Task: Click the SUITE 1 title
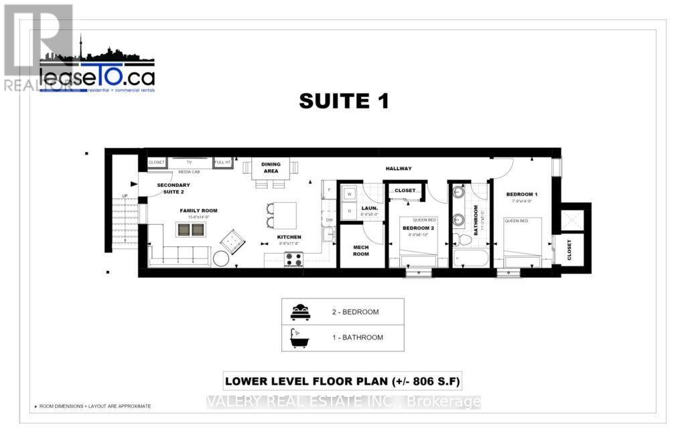[x=344, y=101]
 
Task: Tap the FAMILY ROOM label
[x=198, y=211]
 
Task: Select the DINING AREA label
[x=271, y=167]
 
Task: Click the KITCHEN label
[x=290, y=237]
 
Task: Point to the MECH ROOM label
[x=361, y=250]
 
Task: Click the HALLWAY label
[x=399, y=169]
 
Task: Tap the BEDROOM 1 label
[x=523, y=194]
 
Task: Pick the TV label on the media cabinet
[x=189, y=162]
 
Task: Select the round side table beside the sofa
[x=221, y=258]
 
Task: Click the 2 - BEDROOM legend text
[x=355, y=312]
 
